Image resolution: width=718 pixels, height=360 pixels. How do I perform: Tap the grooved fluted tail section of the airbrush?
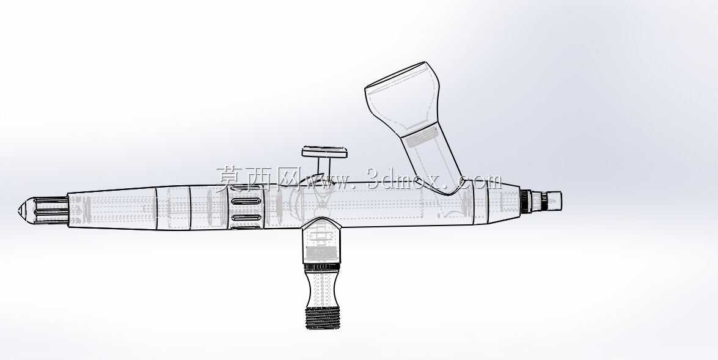(x=51, y=211)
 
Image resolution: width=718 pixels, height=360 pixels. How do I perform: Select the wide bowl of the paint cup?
(x=402, y=99)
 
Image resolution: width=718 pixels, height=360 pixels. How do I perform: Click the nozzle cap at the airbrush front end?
(x=552, y=201)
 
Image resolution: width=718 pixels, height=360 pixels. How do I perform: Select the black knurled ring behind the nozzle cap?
(x=526, y=201)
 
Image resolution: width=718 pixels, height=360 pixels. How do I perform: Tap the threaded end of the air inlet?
(x=323, y=318)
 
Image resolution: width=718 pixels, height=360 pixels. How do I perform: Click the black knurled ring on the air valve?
(x=322, y=267)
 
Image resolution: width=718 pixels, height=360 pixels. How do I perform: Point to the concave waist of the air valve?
(x=323, y=288)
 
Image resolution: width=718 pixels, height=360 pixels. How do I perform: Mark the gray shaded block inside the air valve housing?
(x=322, y=253)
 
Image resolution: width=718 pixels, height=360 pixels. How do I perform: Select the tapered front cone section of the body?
(x=504, y=202)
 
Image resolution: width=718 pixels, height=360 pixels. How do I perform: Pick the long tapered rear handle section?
(x=112, y=209)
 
